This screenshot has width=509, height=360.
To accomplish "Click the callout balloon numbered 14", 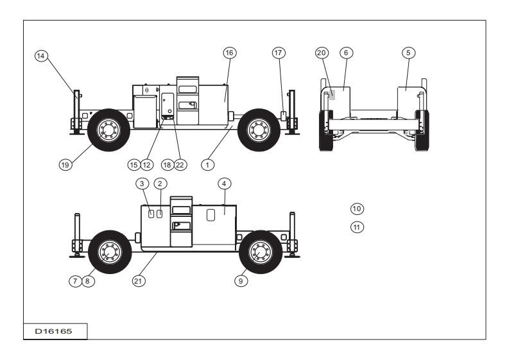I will point(41,56).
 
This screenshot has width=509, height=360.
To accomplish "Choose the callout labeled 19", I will point(64,164).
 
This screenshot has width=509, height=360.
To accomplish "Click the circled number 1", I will point(207,164).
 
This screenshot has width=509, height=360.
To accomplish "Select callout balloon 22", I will point(180,164).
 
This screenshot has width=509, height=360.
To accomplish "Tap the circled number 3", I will point(142,184).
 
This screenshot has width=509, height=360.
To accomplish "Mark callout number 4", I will point(223,184).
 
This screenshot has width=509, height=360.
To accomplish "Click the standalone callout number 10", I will point(357,209).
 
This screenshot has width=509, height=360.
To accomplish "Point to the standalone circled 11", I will point(357,226).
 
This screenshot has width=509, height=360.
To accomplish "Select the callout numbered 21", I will point(137,280).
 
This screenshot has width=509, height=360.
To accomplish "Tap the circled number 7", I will point(75,280).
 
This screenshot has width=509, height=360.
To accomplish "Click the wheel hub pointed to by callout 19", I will point(106,130).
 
